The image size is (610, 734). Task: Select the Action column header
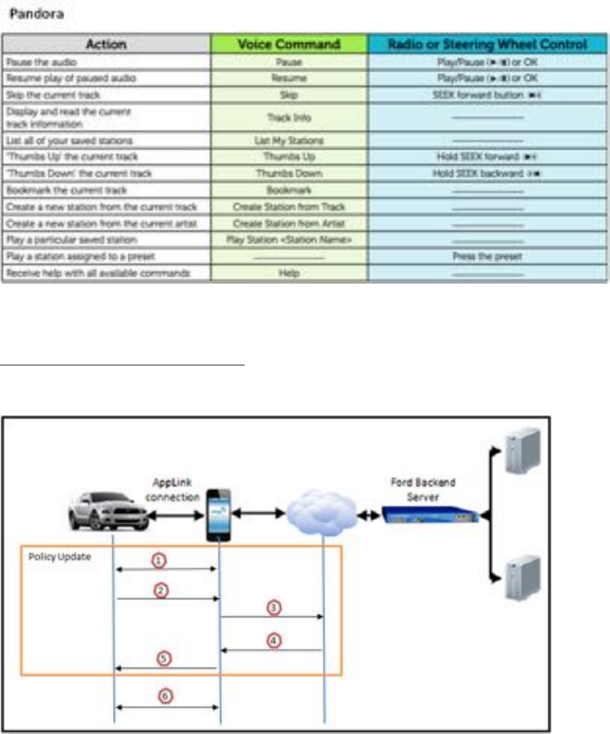pyautogui.click(x=107, y=45)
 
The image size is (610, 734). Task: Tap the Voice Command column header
pyautogui.click(x=289, y=45)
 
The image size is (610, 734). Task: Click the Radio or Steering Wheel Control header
pyautogui.click(x=487, y=45)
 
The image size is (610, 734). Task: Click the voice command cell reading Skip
pyautogui.click(x=289, y=95)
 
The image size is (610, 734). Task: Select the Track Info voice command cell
pyautogui.click(x=289, y=118)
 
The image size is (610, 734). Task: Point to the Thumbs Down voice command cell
pyautogui.click(x=289, y=174)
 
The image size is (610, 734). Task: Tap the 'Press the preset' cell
pyautogui.click(x=487, y=256)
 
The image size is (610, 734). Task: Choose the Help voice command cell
pyautogui.click(x=289, y=274)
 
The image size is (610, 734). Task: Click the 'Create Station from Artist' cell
pyautogui.click(x=289, y=224)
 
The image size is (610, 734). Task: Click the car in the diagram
pyautogui.click(x=108, y=511)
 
